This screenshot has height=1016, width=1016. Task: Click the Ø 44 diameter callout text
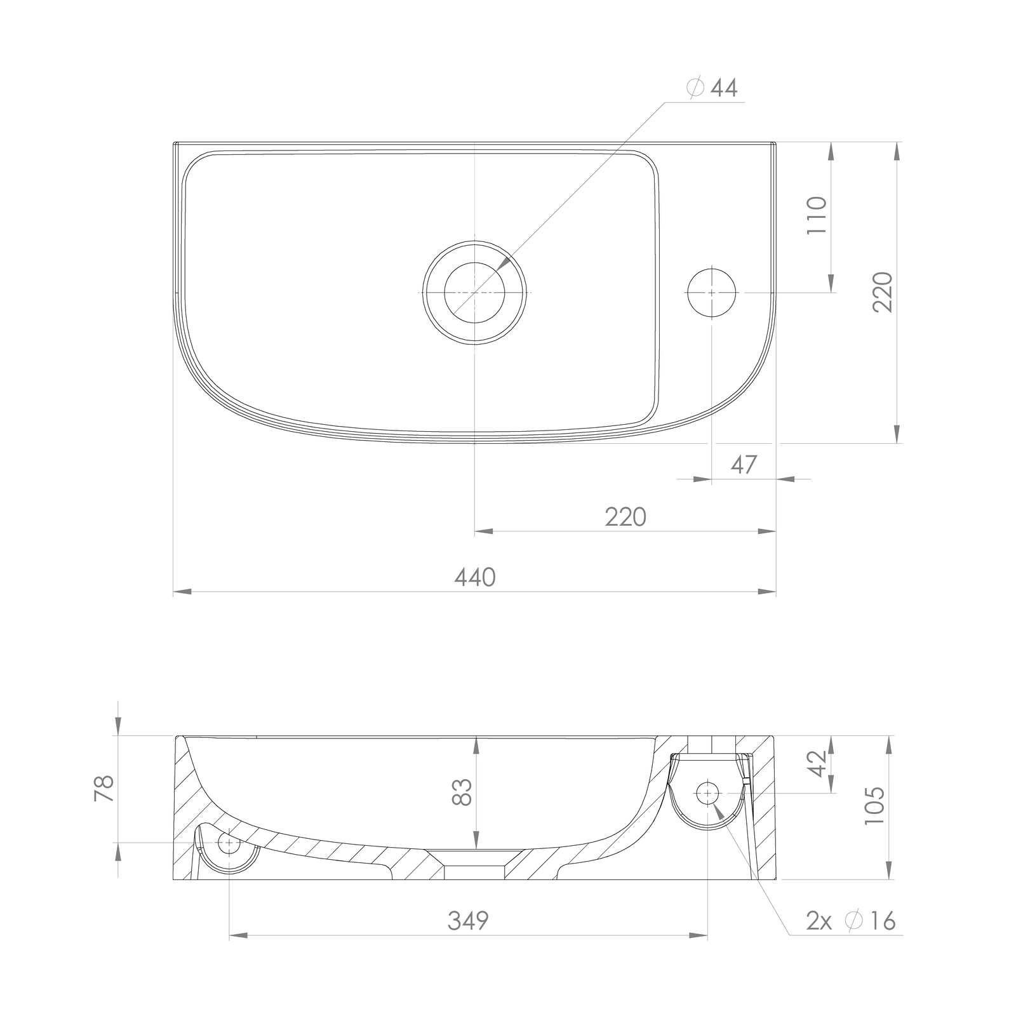coord(712,88)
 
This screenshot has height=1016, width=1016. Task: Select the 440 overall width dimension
coord(475,577)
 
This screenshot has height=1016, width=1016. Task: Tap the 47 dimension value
coord(744,465)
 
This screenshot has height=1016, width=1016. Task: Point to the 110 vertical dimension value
coord(817,215)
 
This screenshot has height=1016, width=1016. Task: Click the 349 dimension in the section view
coord(469,920)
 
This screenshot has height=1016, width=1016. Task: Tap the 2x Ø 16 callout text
coord(851,920)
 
